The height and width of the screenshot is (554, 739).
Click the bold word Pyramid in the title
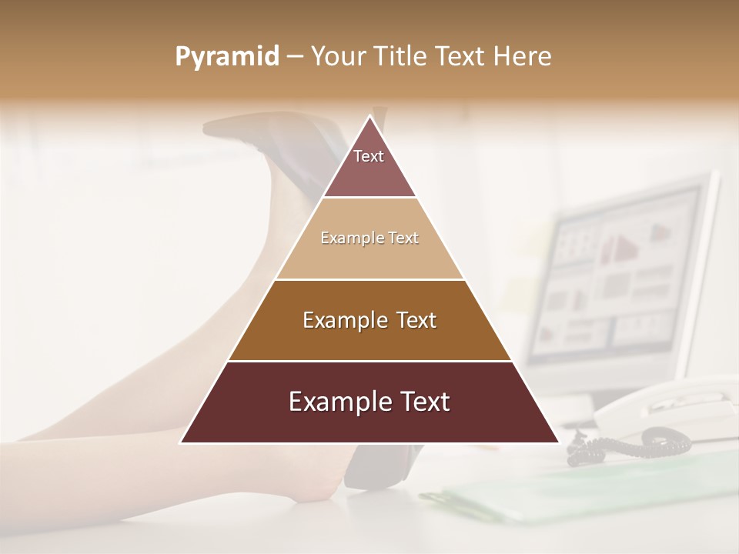pos(227,57)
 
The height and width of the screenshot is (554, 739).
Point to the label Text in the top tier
pos(369,156)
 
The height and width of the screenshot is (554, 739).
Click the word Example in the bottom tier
pos(336,402)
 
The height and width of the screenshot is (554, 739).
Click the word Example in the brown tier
pos(343,320)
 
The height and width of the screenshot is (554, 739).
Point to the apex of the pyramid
pos(369,118)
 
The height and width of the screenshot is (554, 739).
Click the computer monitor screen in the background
pos(616,277)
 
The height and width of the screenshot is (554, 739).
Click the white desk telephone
pos(670,408)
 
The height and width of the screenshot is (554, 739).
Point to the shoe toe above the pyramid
pos(223,127)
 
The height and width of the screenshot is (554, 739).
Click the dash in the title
pos(295,57)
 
